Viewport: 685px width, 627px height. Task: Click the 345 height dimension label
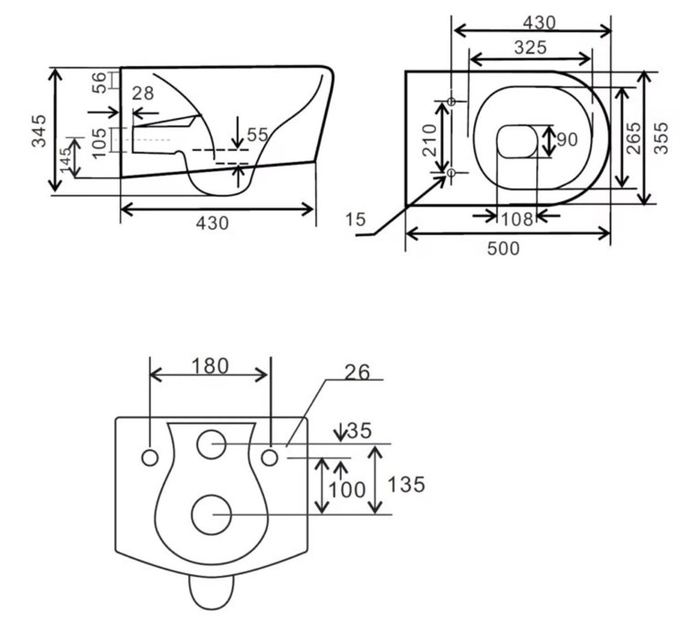coord(39,131)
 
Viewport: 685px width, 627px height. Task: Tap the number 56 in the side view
coord(99,82)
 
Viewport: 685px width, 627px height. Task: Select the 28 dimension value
coord(143,93)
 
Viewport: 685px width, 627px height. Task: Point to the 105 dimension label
coord(99,143)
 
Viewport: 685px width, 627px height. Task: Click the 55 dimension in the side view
coord(258,134)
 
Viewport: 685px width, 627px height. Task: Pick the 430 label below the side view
coord(212,223)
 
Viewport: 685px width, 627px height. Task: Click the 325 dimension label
coord(530,47)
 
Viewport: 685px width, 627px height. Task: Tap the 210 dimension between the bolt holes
coord(430,140)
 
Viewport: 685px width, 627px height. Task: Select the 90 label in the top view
coord(567,140)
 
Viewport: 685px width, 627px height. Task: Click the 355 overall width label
coord(662,138)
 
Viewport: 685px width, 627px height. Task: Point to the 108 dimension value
coord(516,219)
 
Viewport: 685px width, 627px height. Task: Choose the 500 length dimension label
coord(503,248)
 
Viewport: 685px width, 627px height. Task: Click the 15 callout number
coord(355,219)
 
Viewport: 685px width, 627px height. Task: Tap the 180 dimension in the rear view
coord(210,366)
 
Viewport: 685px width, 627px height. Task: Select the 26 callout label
coord(357,372)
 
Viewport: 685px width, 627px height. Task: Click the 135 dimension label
coord(406,484)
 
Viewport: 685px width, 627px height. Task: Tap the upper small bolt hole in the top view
coord(451,101)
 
